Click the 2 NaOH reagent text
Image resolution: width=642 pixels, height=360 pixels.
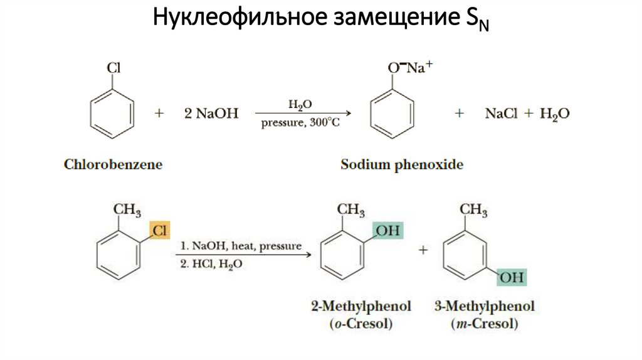click(x=211, y=114)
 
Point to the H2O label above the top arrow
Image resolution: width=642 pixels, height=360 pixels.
click(x=300, y=103)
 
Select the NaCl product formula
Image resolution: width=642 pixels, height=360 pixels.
click(x=502, y=114)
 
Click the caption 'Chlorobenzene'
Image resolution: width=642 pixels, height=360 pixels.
click(x=113, y=165)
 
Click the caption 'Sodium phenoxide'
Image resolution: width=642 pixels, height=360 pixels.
click(x=402, y=165)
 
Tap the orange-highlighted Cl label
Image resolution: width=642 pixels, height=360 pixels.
click(x=159, y=230)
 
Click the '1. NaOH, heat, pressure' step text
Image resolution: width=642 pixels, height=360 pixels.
click(x=241, y=246)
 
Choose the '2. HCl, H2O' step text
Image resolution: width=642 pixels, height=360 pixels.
click(x=211, y=265)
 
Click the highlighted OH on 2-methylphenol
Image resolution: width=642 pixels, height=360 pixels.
click(x=387, y=231)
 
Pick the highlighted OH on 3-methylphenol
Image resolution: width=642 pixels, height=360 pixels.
click(x=511, y=277)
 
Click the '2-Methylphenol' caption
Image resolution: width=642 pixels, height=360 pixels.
click(x=360, y=307)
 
